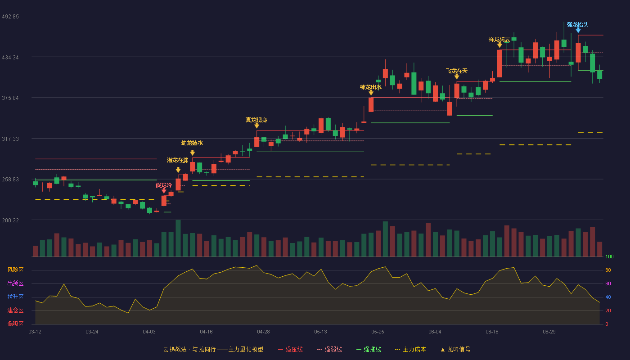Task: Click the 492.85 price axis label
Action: click(10, 17)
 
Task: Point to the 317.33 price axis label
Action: click(10, 139)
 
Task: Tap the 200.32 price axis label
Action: click(10, 220)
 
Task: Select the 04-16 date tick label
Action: click(206, 332)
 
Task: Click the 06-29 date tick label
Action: click(549, 332)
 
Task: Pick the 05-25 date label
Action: click(378, 332)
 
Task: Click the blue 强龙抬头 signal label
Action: click(578, 25)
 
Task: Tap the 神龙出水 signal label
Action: click(371, 87)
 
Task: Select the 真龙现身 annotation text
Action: click(256, 120)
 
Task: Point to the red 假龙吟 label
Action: click(164, 185)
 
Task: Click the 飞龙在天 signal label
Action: click(456, 71)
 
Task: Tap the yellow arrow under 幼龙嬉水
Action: click(193, 153)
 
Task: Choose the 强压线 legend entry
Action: click(290, 349)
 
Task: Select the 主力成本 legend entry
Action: click(410, 349)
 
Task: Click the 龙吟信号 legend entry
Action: click(455, 349)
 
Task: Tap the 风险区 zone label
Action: click(15, 270)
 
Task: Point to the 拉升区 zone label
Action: click(15, 297)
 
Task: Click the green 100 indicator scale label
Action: click(609, 256)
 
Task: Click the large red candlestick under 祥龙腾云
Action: click(499, 63)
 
